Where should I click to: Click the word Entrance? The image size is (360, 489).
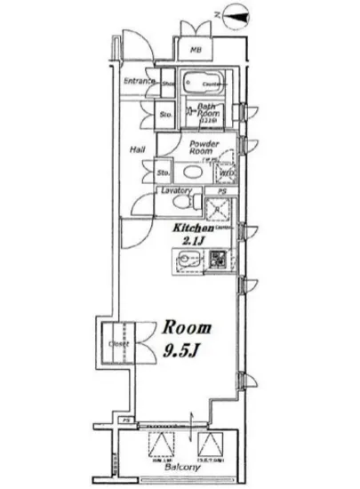click(x=140, y=82)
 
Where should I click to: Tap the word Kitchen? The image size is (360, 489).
click(x=194, y=228)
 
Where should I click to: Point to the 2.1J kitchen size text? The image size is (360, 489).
click(x=195, y=241)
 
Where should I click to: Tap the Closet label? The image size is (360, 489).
click(x=119, y=343)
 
